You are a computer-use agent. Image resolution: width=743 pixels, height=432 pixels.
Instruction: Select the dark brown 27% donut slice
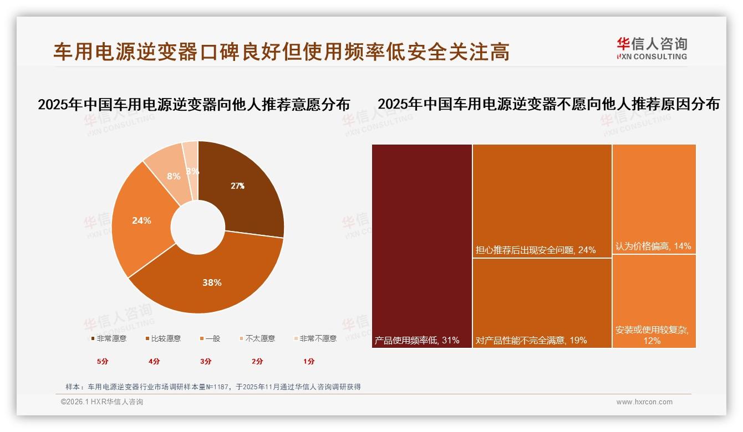tap(238, 186)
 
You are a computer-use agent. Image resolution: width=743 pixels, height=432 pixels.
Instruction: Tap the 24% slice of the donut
tap(141, 220)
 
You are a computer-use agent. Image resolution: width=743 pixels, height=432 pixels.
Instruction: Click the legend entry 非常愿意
tap(108, 338)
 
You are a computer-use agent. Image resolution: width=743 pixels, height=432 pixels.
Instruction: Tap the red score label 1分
tap(309, 362)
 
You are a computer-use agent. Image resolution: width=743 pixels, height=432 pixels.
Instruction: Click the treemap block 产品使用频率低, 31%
tap(422, 246)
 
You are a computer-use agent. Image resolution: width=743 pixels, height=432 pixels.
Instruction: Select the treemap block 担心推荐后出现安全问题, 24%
tap(542, 200)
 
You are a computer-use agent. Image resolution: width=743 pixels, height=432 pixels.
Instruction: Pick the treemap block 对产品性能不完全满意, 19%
tap(542, 302)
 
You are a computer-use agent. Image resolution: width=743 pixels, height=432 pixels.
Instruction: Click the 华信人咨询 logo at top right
tap(652, 48)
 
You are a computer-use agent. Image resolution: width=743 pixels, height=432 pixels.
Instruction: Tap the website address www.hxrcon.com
tap(644, 402)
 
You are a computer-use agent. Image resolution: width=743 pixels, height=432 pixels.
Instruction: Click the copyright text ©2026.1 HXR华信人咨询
tap(102, 402)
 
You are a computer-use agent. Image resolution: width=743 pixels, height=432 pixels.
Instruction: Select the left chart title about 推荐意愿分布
tap(194, 105)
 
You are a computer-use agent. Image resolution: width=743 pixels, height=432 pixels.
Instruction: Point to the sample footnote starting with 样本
tap(213, 387)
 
